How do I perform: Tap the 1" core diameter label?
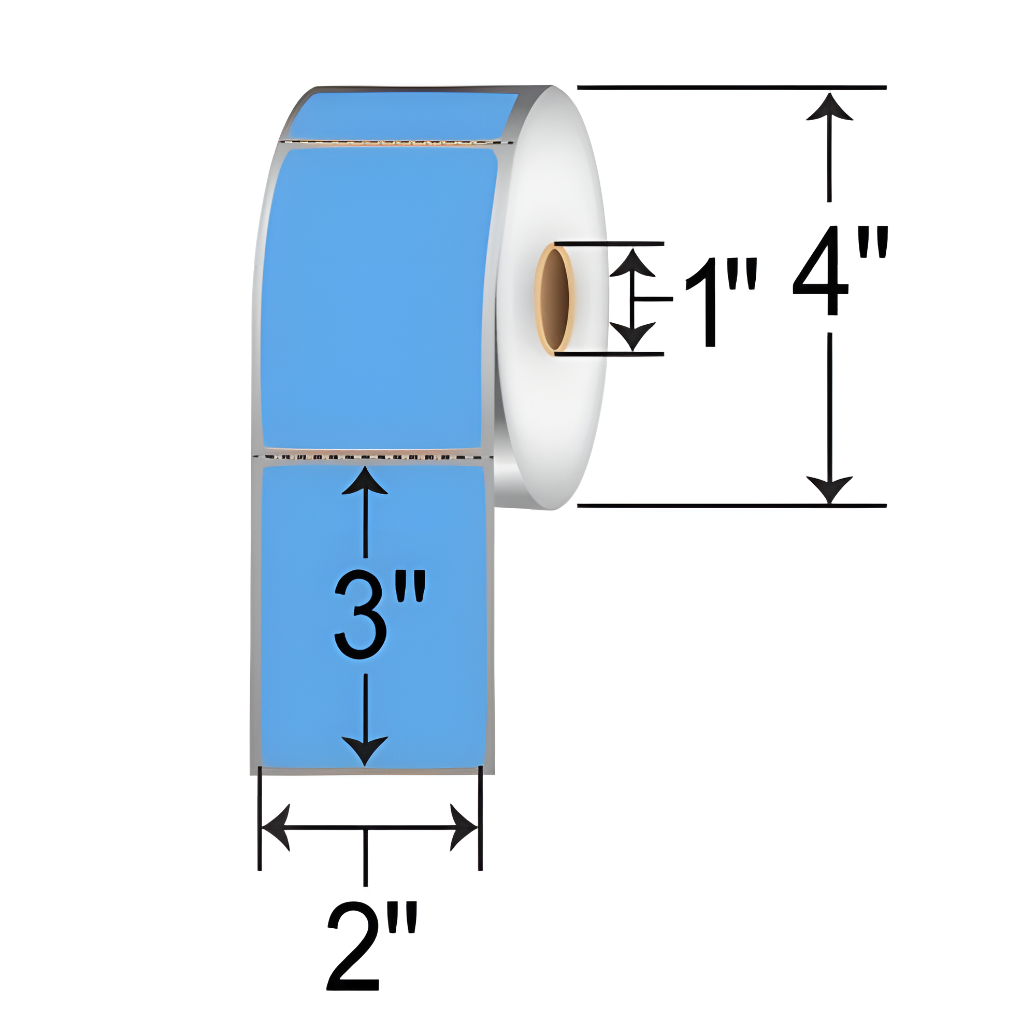720,302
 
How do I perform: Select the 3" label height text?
380,614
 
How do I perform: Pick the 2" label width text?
371,954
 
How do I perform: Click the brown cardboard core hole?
554,298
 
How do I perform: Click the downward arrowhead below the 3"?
365,751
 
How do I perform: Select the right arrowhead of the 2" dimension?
464,827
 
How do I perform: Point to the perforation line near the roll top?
397,142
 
